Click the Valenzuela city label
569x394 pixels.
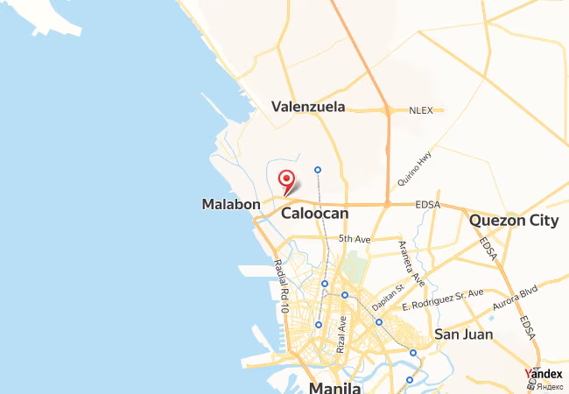(x=308, y=107)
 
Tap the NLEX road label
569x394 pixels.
(x=421, y=110)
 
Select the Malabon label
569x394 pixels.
(x=231, y=204)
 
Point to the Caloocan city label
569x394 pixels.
(x=314, y=213)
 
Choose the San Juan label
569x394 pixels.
(x=463, y=334)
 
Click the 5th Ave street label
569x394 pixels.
(x=355, y=238)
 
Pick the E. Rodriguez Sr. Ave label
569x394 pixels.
(x=442, y=300)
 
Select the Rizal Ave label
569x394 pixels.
(x=341, y=334)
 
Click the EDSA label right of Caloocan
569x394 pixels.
(x=427, y=205)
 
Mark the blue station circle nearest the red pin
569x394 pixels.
(x=318, y=169)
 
